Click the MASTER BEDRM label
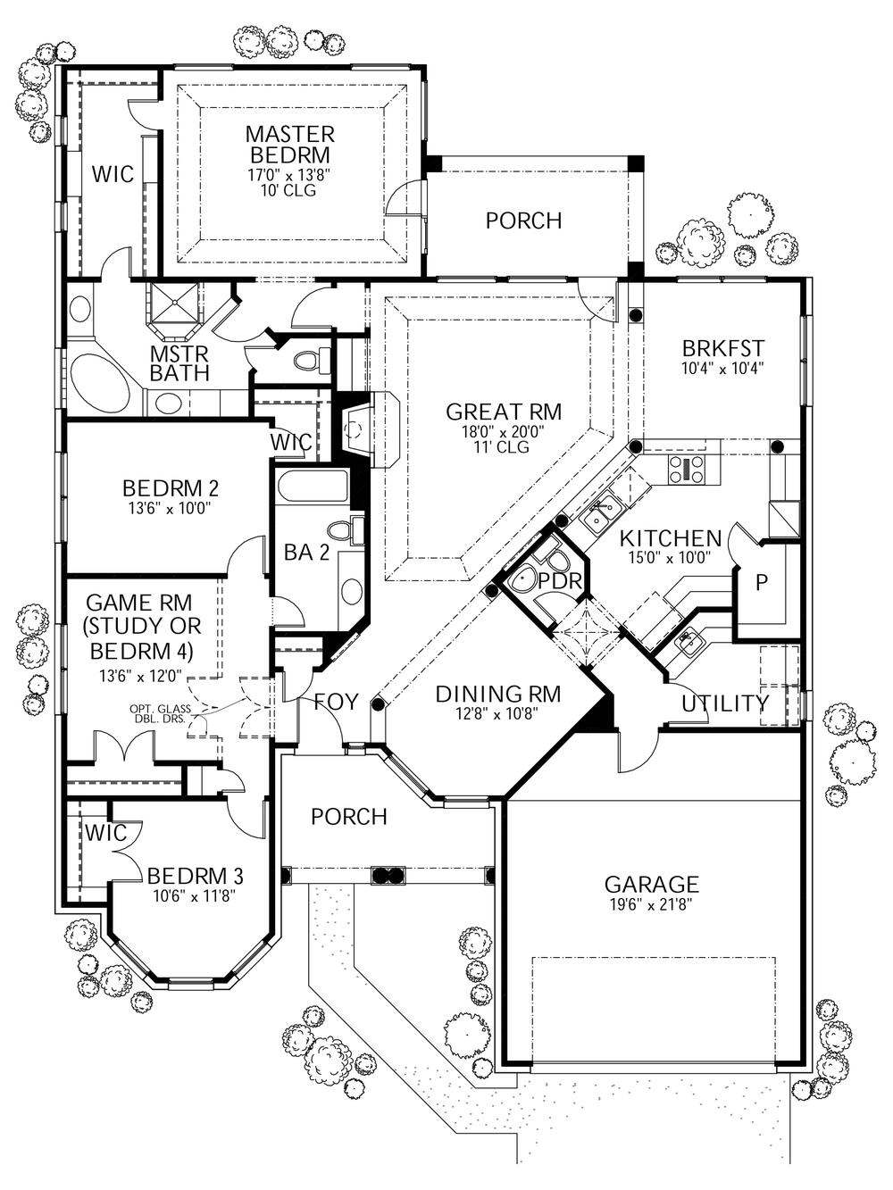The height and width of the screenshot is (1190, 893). point(289,145)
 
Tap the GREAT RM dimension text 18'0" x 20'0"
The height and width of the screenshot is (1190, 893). point(503,431)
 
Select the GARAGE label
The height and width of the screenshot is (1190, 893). point(651,884)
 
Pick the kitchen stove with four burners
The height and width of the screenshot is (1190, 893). point(686,469)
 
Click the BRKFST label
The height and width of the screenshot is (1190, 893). point(722,348)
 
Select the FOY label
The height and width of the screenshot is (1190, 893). point(335,703)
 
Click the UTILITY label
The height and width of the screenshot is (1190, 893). point(724,703)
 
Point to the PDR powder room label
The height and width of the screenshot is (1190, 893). point(561,581)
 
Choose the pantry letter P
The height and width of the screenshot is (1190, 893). point(761,583)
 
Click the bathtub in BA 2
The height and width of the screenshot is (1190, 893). point(312,488)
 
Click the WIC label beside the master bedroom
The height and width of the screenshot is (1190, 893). point(113,173)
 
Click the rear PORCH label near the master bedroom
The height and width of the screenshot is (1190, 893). point(523,221)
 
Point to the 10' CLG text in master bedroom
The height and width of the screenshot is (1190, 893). point(289,190)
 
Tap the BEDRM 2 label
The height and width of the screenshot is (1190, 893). point(170,488)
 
